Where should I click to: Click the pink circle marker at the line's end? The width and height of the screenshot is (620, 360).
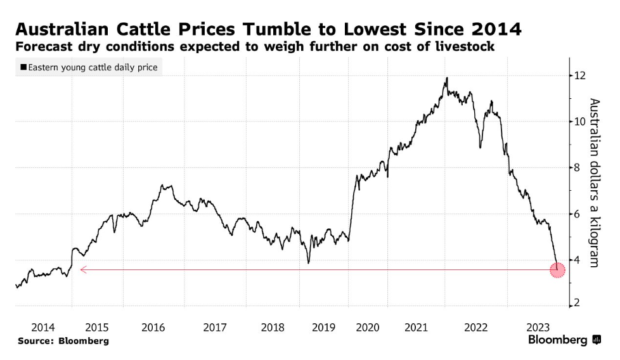coord(557,270)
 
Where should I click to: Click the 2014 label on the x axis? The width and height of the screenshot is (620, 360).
coord(43,327)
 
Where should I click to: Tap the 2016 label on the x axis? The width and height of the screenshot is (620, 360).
coord(153,327)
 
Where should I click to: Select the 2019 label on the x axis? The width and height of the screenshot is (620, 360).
coord(323,327)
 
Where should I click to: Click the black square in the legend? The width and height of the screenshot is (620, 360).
coord(23,67)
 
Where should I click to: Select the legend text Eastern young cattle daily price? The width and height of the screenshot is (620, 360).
coord(93,67)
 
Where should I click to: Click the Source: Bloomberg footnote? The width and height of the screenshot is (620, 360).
coord(63,341)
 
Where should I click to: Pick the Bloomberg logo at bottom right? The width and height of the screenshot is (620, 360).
coord(564,340)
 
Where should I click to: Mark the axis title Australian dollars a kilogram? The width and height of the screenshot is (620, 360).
coord(594,183)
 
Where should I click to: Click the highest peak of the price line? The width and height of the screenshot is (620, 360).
coord(447,79)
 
